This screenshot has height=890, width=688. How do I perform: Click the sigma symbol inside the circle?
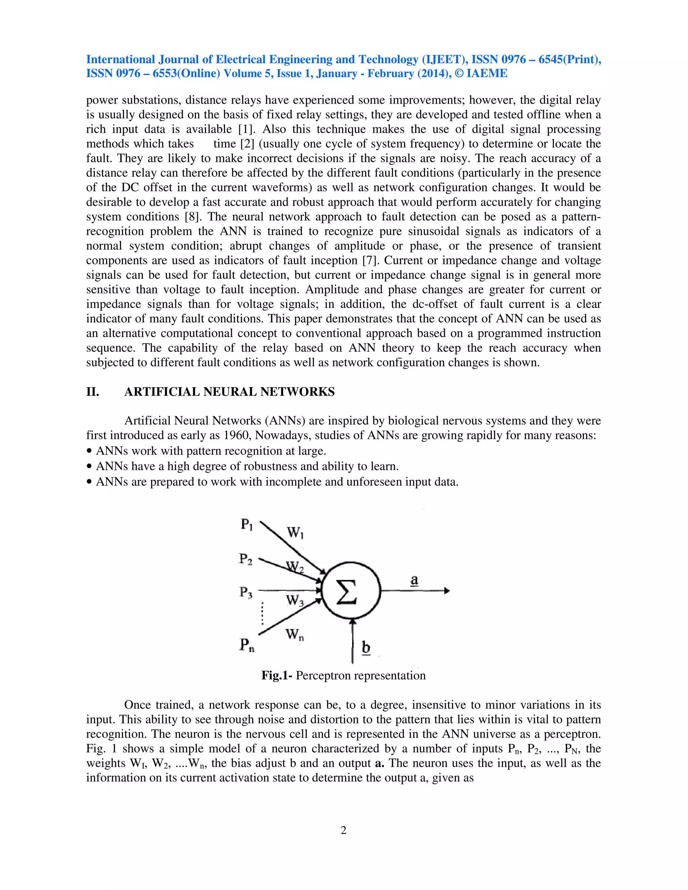[x=347, y=592]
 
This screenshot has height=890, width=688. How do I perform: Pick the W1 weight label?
[x=295, y=533]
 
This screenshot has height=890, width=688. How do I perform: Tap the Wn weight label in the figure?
[x=294, y=635]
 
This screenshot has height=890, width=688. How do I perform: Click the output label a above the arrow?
[x=414, y=580]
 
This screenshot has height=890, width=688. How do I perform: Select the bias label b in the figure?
[x=366, y=648]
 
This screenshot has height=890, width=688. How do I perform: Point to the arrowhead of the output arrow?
[x=447, y=590]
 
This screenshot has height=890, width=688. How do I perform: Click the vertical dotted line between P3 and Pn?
[x=262, y=614]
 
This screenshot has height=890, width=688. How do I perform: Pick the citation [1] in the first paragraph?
[x=247, y=129]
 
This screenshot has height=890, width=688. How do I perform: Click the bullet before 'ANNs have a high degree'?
[x=89, y=466]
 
